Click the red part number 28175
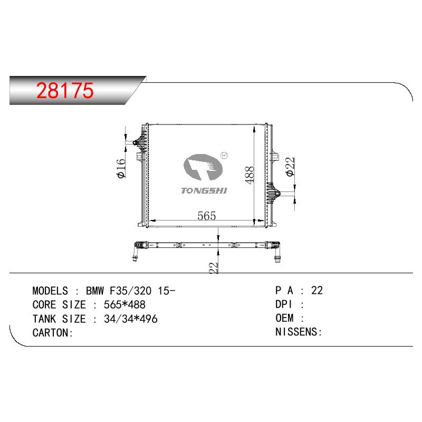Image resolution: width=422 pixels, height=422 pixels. click(x=65, y=90)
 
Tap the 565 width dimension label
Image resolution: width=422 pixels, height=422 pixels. click(x=207, y=216)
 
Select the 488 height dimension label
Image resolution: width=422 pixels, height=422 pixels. click(x=250, y=175)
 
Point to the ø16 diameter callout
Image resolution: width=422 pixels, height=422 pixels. click(x=121, y=168)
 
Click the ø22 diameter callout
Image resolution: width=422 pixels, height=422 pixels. click(x=291, y=167)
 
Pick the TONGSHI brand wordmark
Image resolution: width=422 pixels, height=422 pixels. click(x=204, y=191)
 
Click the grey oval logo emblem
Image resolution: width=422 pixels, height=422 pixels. click(x=203, y=167)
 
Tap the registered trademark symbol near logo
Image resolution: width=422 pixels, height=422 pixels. click(x=224, y=155)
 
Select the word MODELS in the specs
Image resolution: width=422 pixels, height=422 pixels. click(x=50, y=291)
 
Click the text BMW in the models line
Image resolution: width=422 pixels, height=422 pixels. click(x=95, y=291)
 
